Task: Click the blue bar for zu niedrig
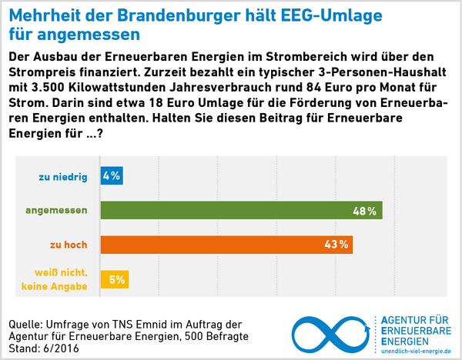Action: (x=112, y=176)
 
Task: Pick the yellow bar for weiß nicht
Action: (x=114, y=279)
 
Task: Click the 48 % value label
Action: (x=364, y=211)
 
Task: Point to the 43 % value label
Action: (x=338, y=245)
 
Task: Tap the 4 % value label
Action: (x=112, y=176)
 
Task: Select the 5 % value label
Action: (x=117, y=280)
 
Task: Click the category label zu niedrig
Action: (x=63, y=177)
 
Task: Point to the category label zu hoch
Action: (x=69, y=245)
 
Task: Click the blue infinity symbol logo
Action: (x=331, y=333)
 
